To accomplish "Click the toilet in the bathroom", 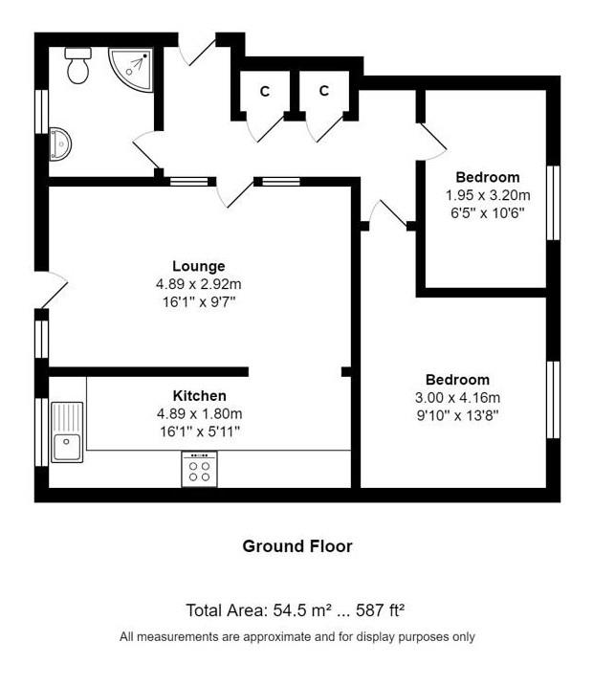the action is pos(78,66).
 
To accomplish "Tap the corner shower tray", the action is pos(132,69).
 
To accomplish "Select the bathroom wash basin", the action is pos(60,144).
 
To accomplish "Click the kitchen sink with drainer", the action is pos(67,432).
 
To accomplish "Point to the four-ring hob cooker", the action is pos(199,469).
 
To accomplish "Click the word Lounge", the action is pos(199,266).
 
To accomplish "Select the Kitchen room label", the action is pos(199,395).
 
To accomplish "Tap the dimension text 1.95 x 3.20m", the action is pos(488,195).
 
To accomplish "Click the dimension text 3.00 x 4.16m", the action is pos(457,398).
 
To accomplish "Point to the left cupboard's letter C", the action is pos(265,92).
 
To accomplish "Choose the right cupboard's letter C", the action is pos(323,91).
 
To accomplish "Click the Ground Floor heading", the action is pos(297,546).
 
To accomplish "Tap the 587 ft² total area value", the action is pos(380,609).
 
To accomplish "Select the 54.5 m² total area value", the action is pos(301,609).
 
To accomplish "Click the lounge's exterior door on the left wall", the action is pos(51,290).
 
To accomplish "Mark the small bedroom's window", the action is pos(553,203).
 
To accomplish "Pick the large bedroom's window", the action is pos(553,399).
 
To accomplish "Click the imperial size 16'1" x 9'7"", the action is pos(199,302).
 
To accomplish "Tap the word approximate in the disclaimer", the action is pos(276,636).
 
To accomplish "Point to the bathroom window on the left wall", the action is pos(41,112).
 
